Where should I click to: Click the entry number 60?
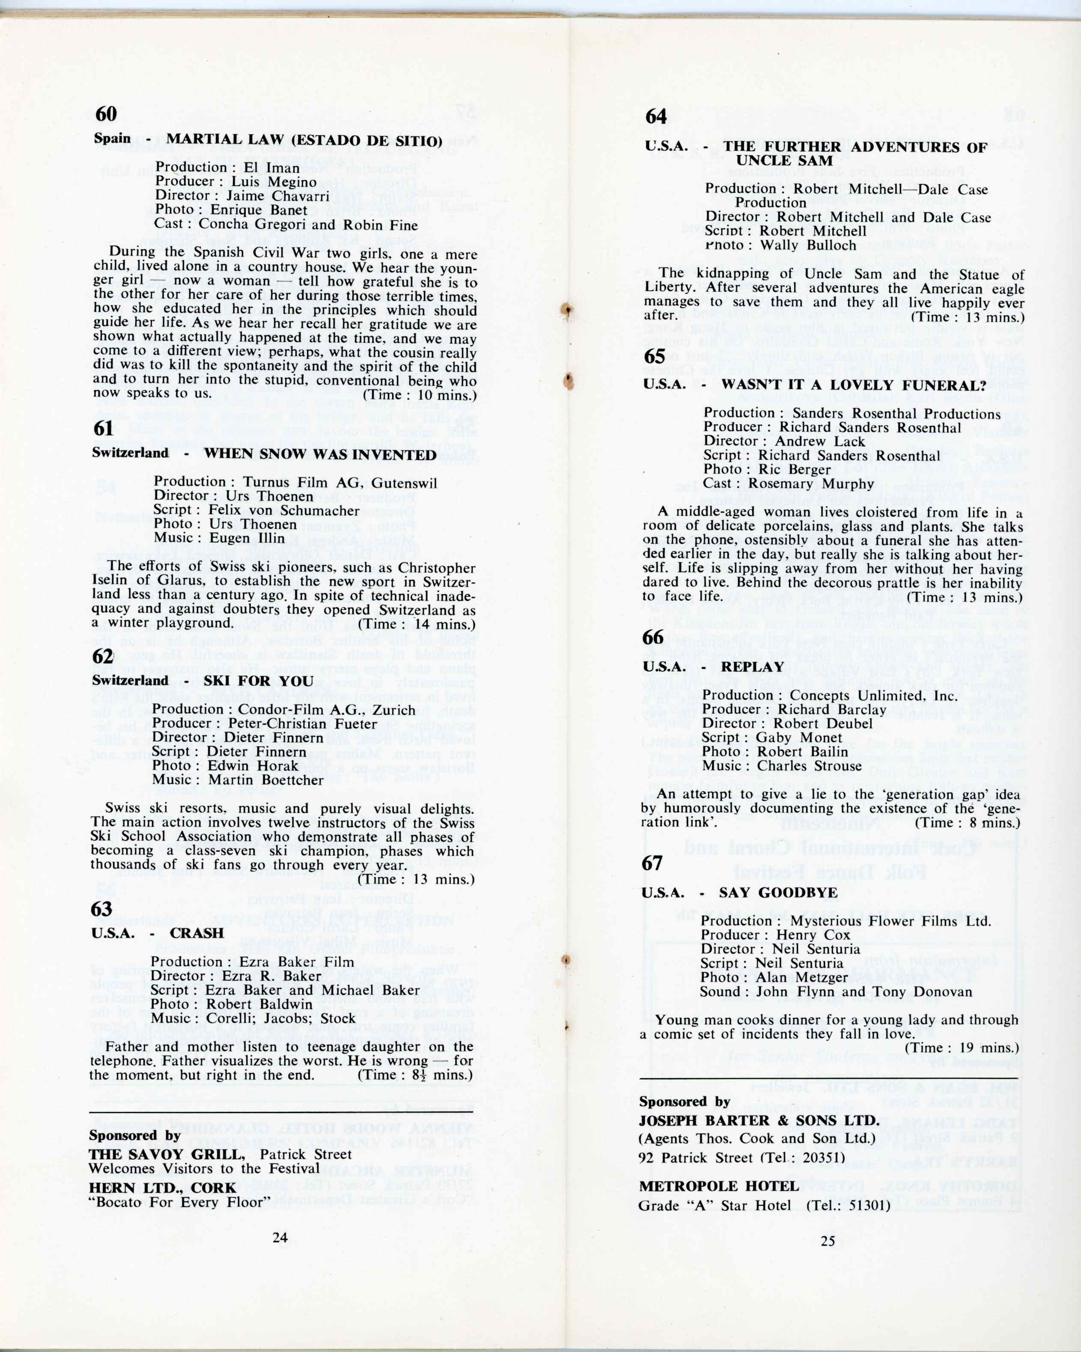pyautogui.click(x=106, y=114)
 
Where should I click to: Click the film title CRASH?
pyautogui.click(x=197, y=933)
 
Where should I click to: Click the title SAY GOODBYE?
pyautogui.click(x=778, y=892)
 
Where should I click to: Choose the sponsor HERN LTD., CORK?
pyautogui.click(x=162, y=1188)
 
